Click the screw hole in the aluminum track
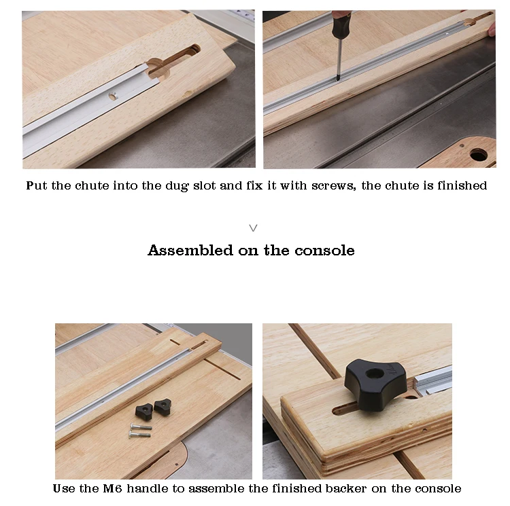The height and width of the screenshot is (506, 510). [x=113, y=96]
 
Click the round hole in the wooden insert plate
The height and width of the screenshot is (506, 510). [x=479, y=154]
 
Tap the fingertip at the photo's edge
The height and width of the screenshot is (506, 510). [x=492, y=29]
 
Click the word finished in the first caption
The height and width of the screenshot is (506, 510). [x=464, y=185]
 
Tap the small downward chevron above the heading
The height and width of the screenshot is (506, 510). [x=254, y=228]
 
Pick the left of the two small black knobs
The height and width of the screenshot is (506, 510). [x=144, y=410]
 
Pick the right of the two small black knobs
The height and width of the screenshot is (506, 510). [x=163, y=406]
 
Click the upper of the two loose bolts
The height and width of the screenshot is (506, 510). [x=139, y=427]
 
